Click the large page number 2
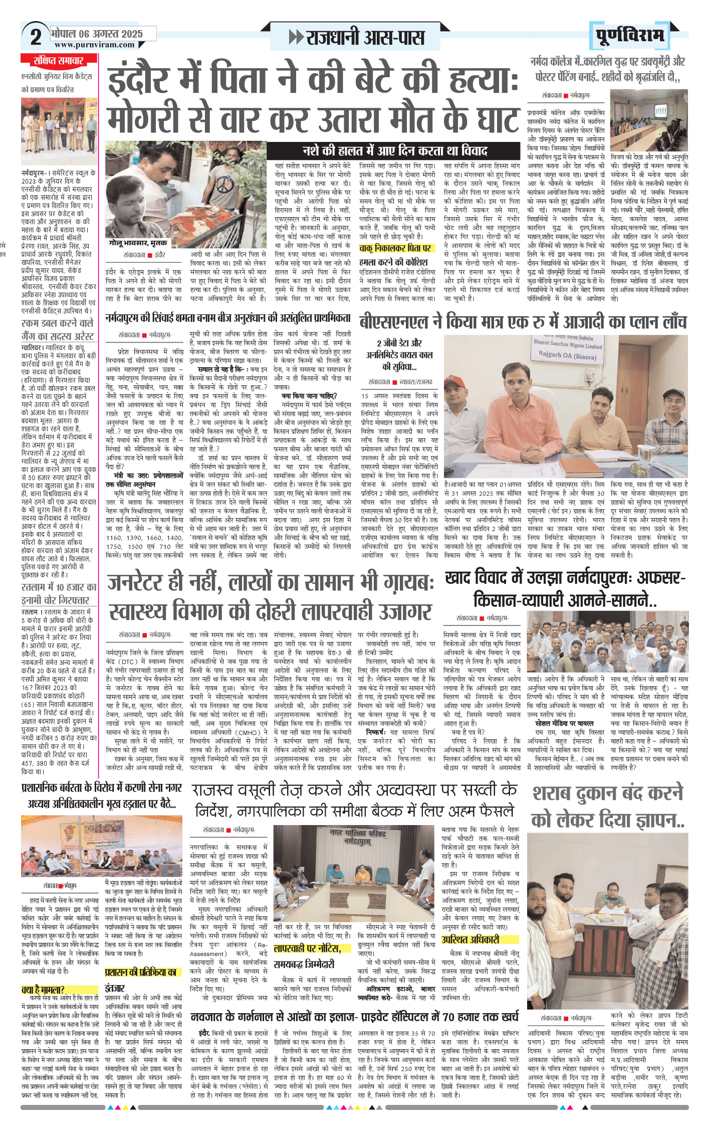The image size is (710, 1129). coord(36,37)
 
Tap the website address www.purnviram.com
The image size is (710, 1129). coord(95,45)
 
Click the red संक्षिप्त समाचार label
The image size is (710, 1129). coord(58,61)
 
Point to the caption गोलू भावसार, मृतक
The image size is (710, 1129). coord(138,242)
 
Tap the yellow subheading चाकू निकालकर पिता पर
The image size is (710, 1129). coord(395,248)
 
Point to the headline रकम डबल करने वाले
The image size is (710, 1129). coord(57,323)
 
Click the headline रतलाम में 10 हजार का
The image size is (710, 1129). coord(59,587)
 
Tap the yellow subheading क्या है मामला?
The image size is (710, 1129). coord(43,990)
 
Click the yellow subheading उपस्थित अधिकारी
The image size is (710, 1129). coord(470,939)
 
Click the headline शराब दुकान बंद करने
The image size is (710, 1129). coord(608,793)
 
